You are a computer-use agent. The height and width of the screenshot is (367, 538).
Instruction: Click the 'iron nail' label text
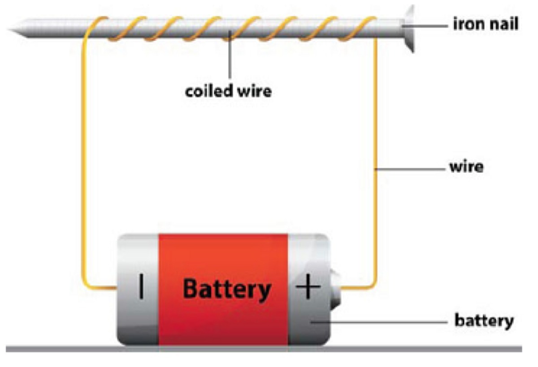pos(486,24)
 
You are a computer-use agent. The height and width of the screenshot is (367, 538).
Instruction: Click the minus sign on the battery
pos(141,287)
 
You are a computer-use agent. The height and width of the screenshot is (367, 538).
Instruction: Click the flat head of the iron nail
pos(410,28)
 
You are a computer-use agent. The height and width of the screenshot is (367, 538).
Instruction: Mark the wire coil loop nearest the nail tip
pos(96,27)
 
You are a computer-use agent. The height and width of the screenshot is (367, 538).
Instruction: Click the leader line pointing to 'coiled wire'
pos(230,58)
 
